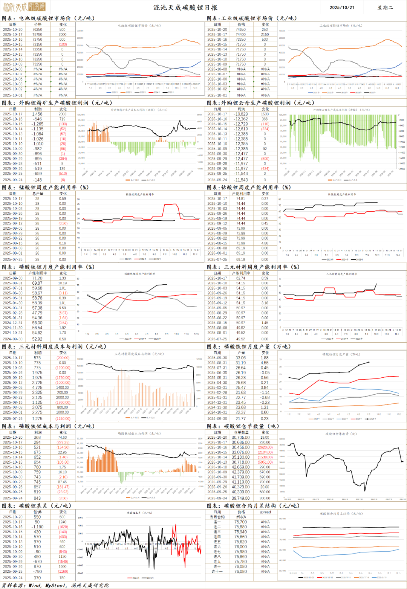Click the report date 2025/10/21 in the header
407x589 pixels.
[342, 8]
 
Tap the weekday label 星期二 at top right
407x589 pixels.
[385, 8]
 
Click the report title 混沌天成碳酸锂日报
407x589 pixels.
[185, 8]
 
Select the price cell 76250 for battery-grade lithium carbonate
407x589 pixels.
[37, 29]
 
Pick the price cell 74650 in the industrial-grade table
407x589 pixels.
[241, 29]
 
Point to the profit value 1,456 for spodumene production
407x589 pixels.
[37, 114]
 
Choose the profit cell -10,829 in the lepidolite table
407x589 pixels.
[241, 114]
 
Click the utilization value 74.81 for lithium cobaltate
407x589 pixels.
[241, 198]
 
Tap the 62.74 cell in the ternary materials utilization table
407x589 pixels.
[241, 278]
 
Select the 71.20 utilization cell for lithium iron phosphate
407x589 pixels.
[37, 278]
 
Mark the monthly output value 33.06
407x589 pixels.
[241, 358]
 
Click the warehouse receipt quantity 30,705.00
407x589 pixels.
[241, 438]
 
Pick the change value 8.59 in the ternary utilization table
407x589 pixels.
[265, 278]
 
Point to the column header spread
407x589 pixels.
[265, 512]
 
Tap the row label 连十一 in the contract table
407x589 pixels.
[217, 572]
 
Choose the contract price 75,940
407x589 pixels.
[241, 532]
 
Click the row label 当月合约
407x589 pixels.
[217, 517]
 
